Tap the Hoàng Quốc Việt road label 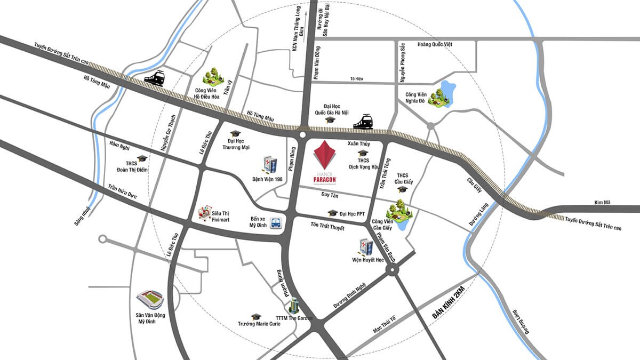point(435,44)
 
